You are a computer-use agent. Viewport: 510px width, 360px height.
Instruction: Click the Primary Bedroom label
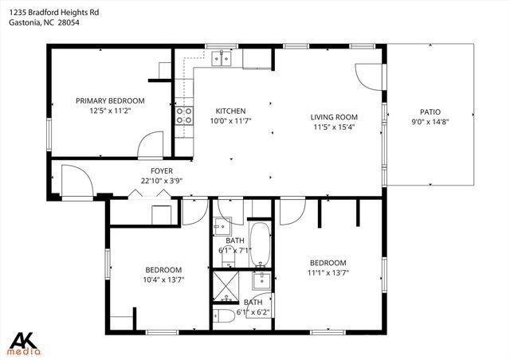point(110,100)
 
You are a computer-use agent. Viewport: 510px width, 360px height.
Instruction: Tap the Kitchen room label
point(230,111)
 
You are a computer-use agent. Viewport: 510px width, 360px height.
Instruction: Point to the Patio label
point(430,112)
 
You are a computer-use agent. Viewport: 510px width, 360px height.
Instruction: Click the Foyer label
point(162,171)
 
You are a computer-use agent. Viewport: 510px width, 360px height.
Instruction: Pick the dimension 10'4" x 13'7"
point(163,280)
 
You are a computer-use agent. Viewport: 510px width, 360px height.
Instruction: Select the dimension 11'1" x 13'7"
point(328,272)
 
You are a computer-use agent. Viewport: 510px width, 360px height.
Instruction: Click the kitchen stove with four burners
point(184,115)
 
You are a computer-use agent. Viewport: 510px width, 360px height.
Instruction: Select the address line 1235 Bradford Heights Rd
point(53,13)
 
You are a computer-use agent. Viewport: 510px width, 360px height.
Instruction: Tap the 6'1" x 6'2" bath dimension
point(253,312)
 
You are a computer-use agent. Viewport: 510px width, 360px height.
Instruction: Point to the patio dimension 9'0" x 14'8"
point(430,122)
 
